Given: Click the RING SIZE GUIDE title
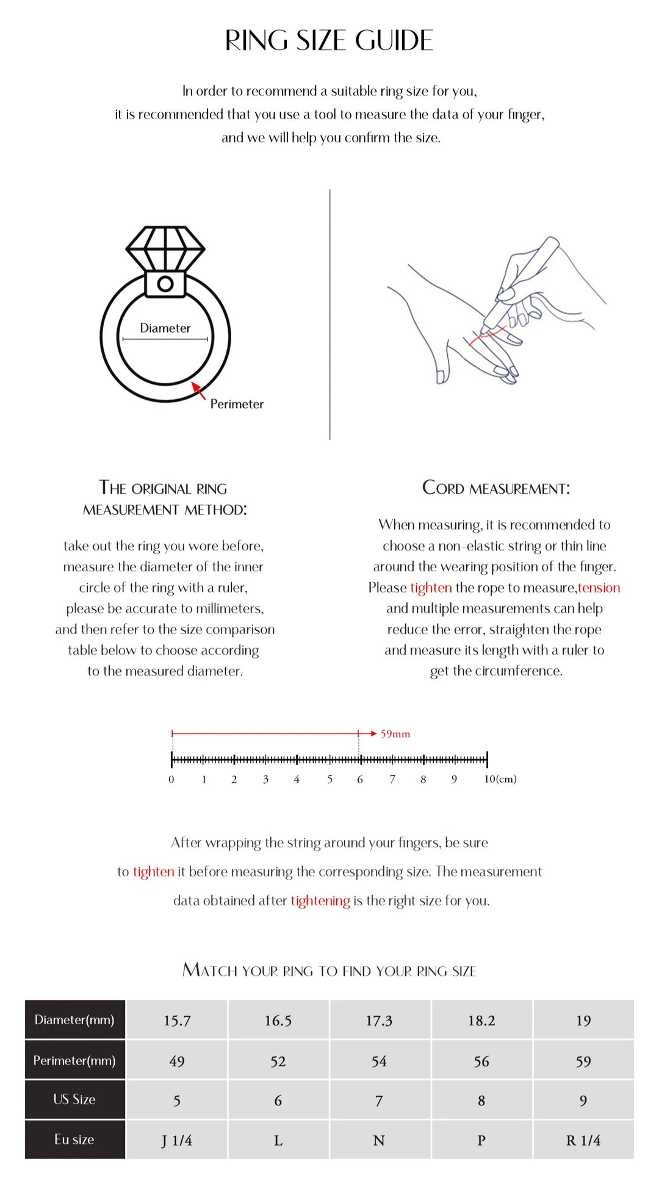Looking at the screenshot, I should point(329,41).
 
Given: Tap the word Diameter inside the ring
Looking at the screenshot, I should point(165,328).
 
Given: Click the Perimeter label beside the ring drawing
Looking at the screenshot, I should point(237,403).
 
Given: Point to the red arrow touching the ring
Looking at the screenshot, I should point(198,390).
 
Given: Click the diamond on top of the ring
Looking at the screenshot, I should point(165,248).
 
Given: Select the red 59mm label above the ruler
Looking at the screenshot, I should point(395,734).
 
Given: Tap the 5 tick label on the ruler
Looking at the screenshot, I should point(329,779).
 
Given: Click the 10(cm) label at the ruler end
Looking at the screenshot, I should point(500,779).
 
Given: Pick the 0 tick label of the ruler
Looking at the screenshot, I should point(171,779).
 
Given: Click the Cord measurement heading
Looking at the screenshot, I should point(496,488).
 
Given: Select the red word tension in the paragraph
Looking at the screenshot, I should point(599,587).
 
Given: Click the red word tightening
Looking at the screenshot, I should point(320,900).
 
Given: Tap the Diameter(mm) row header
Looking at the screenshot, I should point(74,1019).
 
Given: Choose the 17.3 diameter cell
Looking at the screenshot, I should point(379,1020).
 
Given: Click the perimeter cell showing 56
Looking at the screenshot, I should point(481,1061).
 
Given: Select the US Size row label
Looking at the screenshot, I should point(74,1099).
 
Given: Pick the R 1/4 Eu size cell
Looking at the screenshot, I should point(583,1140).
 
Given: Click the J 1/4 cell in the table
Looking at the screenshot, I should point(176,1140).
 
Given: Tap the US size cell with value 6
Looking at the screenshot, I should point(278,1100).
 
